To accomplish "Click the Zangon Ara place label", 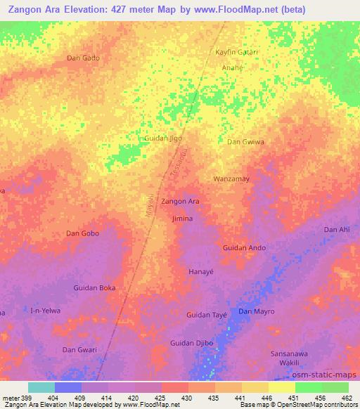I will pyautogui.click(x=181, y=202).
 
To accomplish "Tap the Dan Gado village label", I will pyautogui.click(x=82, y=58).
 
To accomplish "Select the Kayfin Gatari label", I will pyautogui.click(x=236, y=53).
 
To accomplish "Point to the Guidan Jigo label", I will pyautogui.click(x=163, y=138).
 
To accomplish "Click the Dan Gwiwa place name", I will pyautogui.click(x=245, y=142).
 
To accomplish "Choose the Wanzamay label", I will pyautogui.click(x=231, y=179).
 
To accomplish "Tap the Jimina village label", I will pyautogui.click(x=182, y=219).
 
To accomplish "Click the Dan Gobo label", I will pyautogui.click(x=82, y=233).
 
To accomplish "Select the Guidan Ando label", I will pyautogui.click(x=244, y=248).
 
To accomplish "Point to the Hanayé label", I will pyautogui.click(x=200, y=271).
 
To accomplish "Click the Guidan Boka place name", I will pyautogui.click(x=94, y=288).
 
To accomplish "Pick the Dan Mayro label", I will pyautogui.click(x=256, y=311).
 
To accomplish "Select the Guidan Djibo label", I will pyautogui.click(x=192, y=343).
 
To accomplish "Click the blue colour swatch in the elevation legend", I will pyautogui.click(x=68, y=387).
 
